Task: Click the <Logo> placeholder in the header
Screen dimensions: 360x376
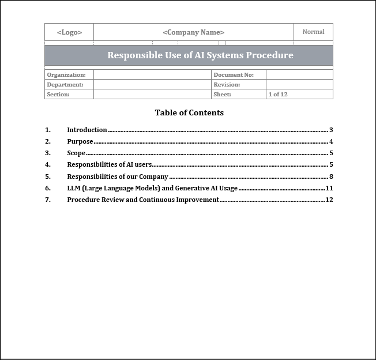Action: pyautogui.click(x=69, y=32)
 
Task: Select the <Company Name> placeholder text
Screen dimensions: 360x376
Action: pyautogui.click(x=194, y=32)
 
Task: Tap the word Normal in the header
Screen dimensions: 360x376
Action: pyautogui.click(x=313, y=32)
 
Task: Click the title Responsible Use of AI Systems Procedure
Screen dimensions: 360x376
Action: pyautogui.click(x=200, y=55)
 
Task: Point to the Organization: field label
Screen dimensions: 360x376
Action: pyautogui.click(x=66, y=74)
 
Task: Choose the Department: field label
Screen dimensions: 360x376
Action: pyautogui.click(x=65, y=84)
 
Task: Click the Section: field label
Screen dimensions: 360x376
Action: pyautogui.click(x=58, y=94)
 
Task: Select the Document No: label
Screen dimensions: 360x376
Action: pyautogui.click(x=234, y=74)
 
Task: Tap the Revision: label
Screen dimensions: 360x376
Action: pyautogui.click(x=227, y=84)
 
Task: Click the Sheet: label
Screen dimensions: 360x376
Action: pyautogui.click(x=222, y=94)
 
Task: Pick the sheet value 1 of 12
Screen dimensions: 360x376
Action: pyautogui.click(x=278, y=94)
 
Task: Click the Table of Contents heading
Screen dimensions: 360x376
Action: pyautogui.click(x=189, y=112)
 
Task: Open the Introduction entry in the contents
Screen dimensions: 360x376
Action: pyautogui.click(x=87, y=130)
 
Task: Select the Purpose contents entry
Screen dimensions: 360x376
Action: pyautogui.click(x=80, y=141)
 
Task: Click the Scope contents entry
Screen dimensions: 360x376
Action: pyautogui.click(x=76, y=153)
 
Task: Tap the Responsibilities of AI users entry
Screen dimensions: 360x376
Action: pyautogui.click(x=110, y=164)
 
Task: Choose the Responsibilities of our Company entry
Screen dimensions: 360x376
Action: pyautogui.click(x=118, y=177)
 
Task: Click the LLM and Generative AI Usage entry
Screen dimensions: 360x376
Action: pyautogui.click(x=152, y=188)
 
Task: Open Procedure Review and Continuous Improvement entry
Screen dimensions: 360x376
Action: pyautogui.click(x=143, y=200)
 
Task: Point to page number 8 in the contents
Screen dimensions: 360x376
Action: pyautogui.click(x=331, y=177)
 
